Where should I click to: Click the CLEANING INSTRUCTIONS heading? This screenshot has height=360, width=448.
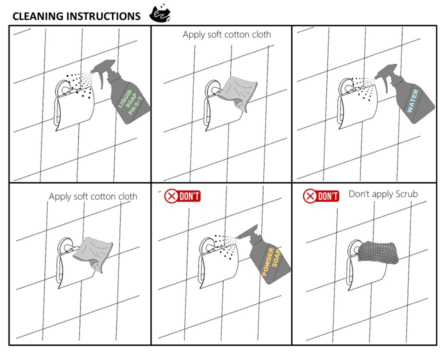point(76,16)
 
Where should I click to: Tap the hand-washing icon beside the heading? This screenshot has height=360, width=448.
point(160,13)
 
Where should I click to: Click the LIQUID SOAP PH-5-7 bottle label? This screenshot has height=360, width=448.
point(130,102)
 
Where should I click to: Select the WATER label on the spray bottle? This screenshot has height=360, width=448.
point(413,100)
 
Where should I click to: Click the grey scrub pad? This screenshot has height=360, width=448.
point(378,252)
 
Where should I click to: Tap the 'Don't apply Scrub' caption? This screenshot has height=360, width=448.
point(383,194)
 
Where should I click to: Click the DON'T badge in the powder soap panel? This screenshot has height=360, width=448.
point(182,196)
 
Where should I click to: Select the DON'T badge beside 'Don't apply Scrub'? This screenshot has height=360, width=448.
point(321,196)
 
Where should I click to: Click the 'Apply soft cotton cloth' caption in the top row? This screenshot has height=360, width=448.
point(226,34)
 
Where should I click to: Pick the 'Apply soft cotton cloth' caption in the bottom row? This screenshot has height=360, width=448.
point(93,196)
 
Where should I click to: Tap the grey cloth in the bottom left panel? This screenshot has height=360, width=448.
point(93,253)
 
